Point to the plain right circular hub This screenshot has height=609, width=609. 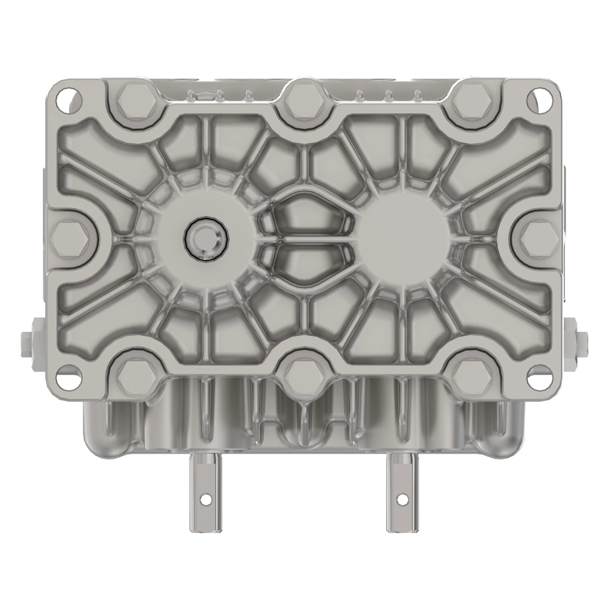pos(403,239)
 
